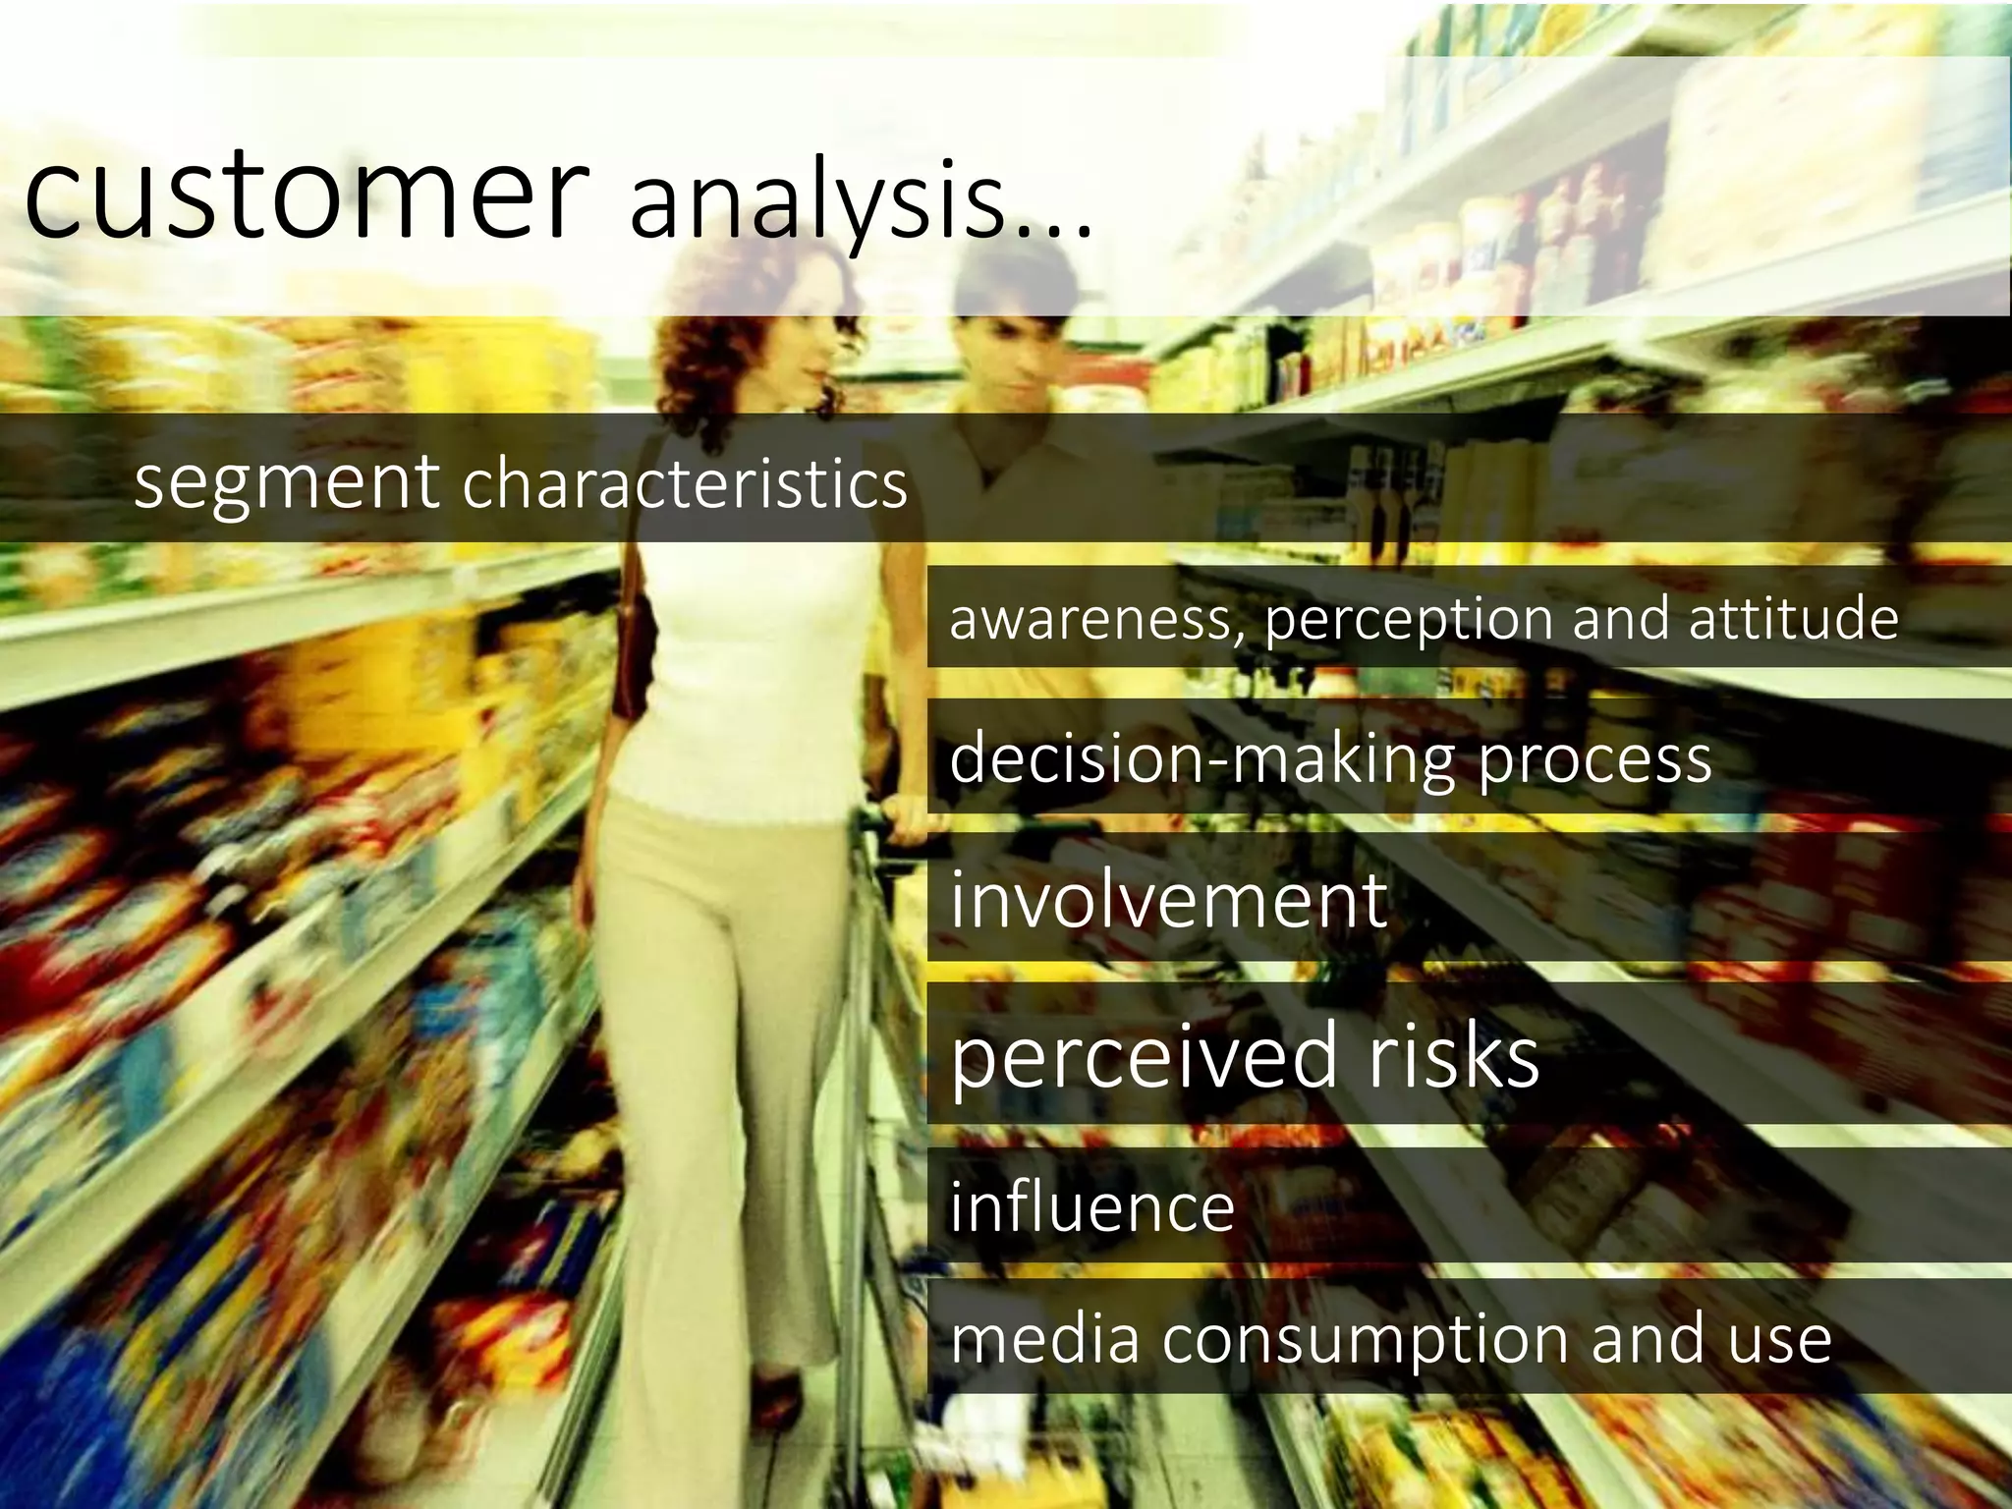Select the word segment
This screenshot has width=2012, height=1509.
[286, 483]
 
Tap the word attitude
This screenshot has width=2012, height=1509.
[1794, 618]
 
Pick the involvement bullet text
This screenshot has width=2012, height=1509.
[1169, 900]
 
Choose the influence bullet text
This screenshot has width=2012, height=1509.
[1091, 1207]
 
